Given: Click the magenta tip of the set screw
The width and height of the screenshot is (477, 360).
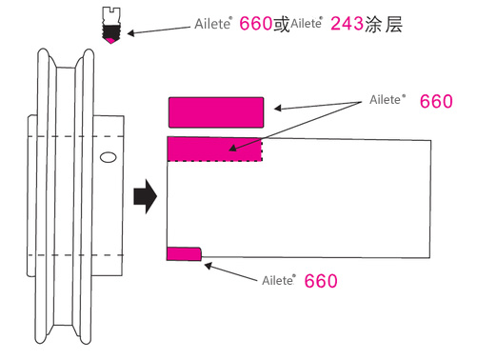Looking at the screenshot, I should click(x=113, y=40).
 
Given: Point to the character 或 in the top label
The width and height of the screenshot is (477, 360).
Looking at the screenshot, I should click(x=281, y=23).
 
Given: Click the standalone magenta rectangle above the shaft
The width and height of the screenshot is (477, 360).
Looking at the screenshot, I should click(x=216, y=112).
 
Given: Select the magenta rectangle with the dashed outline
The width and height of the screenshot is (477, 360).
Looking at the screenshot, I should click(x=214, y=149).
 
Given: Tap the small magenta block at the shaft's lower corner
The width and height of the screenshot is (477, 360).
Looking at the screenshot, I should click(x=183, y=253).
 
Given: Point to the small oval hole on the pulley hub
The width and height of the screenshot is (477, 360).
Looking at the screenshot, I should click(x=108, y=155).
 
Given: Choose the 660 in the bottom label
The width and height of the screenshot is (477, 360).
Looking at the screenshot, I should click(x=322, y=281).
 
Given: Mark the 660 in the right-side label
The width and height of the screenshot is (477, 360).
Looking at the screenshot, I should click(x=436, y=101).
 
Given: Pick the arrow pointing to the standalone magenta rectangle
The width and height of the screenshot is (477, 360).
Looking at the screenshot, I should click(x=319, y=105).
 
